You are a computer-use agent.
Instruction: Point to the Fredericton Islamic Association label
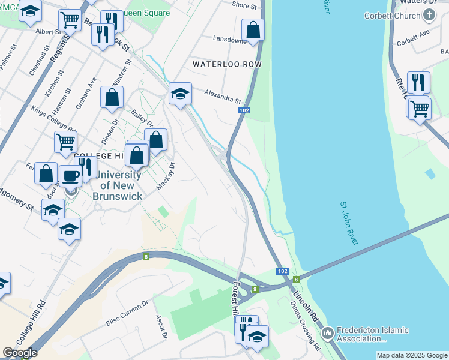click(372, 334)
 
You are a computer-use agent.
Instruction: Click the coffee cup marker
click(71, 175)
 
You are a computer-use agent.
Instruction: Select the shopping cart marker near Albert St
click(70, 20)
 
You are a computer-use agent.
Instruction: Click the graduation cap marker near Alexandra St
click(180, 93)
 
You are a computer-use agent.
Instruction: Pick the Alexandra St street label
click(222, 97)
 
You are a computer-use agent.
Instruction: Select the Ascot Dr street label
click(161, 327)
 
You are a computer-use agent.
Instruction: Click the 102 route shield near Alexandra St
click(243, 110)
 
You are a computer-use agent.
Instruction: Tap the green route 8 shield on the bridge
click(296, 279)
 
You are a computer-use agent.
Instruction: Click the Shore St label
click(244, 5)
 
